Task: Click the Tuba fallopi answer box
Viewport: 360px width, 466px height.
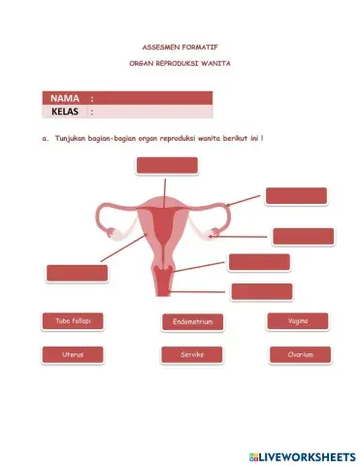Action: (73, 320)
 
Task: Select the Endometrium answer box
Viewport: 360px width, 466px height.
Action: (192, 321)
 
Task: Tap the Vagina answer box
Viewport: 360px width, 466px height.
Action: (299, 320)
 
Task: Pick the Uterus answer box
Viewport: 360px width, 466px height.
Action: (73, 354)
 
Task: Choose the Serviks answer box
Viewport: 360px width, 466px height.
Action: (192, 355)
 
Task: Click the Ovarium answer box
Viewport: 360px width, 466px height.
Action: (300, 354)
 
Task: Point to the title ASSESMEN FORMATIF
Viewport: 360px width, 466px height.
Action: (181, 46)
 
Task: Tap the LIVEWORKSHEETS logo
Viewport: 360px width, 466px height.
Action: (302, 455)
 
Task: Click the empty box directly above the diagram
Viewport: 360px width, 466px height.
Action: (167, 166)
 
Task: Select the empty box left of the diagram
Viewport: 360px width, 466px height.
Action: (77, 273)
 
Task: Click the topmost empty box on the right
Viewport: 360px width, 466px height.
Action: (295, 195)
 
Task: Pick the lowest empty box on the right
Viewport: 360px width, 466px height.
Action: (261, 290)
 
